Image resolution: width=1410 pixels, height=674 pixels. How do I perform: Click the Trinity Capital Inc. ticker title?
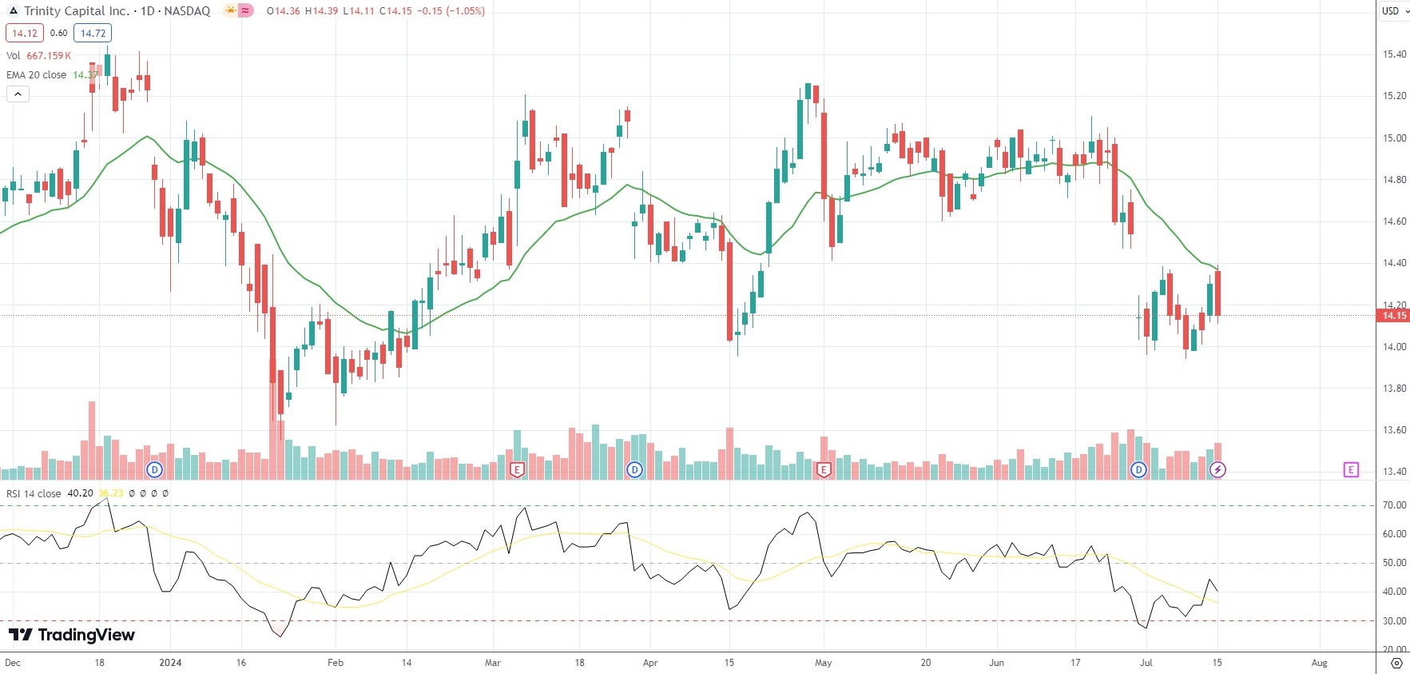point(76,11)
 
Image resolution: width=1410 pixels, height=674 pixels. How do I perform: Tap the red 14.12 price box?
point(24,33)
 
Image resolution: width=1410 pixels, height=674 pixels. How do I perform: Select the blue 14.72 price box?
point(93,33)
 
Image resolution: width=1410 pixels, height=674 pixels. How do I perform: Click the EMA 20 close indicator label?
point(37,74)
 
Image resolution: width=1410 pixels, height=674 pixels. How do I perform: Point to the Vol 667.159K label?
point(38,55)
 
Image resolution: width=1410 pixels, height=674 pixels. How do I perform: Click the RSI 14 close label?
point(34,493)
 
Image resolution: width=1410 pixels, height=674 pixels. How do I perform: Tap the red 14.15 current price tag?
point(1393,316)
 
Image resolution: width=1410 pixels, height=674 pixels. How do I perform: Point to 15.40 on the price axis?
point(1395,54)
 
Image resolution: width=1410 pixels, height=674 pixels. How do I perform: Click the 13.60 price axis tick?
point(1395,430)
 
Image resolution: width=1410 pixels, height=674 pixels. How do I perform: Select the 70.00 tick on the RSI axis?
point(1395,505)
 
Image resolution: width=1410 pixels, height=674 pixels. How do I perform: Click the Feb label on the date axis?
point(336,663)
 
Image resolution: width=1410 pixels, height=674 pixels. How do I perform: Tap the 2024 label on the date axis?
point(170,663)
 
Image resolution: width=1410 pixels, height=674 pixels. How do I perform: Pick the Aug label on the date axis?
point(1319,663)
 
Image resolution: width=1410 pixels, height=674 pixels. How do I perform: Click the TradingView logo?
point(72,635)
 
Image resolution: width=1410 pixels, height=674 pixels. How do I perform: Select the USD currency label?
point(1391,10)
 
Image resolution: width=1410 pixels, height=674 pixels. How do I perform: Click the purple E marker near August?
point(1351,469)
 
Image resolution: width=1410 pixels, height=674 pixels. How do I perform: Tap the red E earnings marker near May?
point(824,469)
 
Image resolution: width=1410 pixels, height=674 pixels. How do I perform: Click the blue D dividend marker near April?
point(634,469)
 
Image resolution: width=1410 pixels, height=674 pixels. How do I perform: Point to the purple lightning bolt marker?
point(1217,469)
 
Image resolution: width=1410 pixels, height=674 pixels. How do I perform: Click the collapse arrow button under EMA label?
point(18,94)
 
